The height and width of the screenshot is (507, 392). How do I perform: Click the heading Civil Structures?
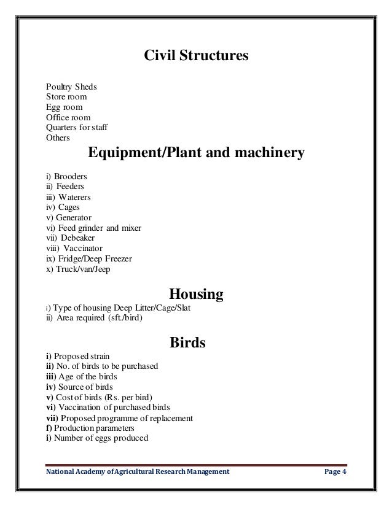tap(196, 56)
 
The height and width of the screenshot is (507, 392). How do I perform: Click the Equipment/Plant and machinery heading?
tap(196, 152)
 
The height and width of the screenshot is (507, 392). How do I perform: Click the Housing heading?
tap(196, 295)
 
